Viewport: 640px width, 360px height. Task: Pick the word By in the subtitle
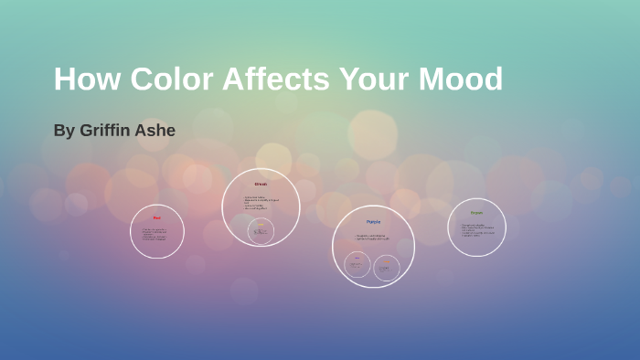64,131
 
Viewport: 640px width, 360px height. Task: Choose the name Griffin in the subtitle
110,131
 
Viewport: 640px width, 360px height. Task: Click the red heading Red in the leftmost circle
156,217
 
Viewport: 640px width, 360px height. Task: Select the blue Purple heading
373,222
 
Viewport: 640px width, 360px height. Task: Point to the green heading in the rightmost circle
476,213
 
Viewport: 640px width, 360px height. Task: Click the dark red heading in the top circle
261,184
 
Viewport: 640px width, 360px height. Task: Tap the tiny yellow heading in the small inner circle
261,225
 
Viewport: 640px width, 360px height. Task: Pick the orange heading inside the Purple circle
387,261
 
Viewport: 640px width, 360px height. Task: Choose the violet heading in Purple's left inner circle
357,259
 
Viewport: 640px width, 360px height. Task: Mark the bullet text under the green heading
477,230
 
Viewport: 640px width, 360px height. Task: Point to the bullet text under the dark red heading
261,203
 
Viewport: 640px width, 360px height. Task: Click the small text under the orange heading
387,269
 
